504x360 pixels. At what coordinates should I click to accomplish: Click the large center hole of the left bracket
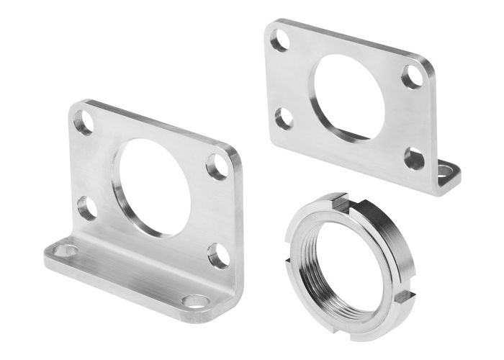[148, 185]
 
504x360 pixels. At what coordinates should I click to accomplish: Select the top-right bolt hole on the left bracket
[217, 166]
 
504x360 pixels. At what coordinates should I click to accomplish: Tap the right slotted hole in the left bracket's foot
[194, 300]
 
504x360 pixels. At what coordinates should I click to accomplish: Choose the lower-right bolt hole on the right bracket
[414, 158]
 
